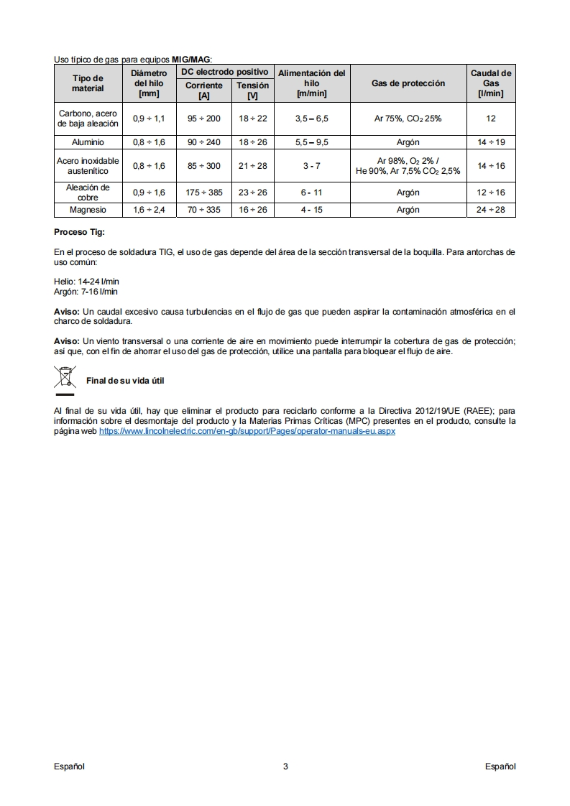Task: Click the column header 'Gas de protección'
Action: tap(408, 83)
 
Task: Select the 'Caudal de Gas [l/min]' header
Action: tap(491, 83)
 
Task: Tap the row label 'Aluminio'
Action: tap(88, 142)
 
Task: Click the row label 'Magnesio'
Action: tap(88, 210)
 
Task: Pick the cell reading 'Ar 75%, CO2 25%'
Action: tap(408, 119)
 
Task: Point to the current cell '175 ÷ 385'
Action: tap(204, 193)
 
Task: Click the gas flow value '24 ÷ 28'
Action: tap(491, 210)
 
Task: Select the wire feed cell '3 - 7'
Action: tap(311, 166)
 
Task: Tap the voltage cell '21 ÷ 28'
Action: tap(252, 166)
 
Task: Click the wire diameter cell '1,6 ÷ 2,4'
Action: tap(149, 210)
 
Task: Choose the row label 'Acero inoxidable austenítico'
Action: tap(88, 166)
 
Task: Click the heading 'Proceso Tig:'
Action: tap(79, 233)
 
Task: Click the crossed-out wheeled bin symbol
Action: tap(65, 379)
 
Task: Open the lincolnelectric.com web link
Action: tap(247, 431)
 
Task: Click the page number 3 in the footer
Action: tap(285, 766)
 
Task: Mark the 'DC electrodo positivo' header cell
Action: tap(225, 73)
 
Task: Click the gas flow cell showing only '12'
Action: tap(491, 119)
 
